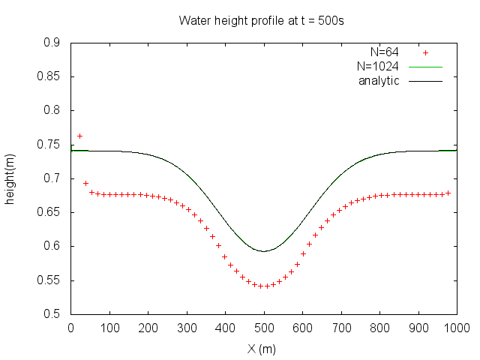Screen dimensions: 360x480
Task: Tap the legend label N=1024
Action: [x=377, y=67]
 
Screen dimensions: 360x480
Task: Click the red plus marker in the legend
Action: [x=426, y=52]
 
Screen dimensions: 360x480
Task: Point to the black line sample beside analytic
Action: [x=426, y=81]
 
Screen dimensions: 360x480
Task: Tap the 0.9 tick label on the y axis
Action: [x=52, y=43]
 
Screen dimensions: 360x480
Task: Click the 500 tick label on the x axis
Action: [x=264, y=328]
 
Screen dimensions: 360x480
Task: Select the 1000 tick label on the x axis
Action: [x=456, y=328]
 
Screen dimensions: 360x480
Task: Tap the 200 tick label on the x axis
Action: [x=148, y=328]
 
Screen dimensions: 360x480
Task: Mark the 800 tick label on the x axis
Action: [x=379, y=328]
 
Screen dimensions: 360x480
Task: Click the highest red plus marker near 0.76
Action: [x=79, y=136]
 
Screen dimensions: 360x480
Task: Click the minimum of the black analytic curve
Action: [x=263, y=251]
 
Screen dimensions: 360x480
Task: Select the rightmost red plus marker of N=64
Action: [x=448, y=193]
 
